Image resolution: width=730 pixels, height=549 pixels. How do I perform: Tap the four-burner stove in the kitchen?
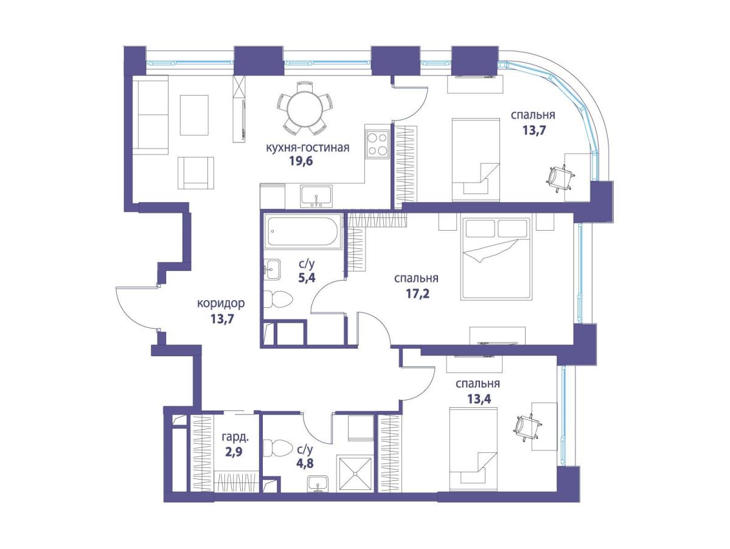click(378, 144)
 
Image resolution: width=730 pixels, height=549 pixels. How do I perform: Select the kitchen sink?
click(316, 197)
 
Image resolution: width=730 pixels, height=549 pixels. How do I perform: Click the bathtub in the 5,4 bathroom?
click(302, 231)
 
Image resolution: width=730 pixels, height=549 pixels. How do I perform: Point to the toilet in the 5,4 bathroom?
click(277, 299)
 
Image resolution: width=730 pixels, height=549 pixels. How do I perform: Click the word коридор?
click(221, 304)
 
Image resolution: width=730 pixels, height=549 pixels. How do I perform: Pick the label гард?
click(235, 437)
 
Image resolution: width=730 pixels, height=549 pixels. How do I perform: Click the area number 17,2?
click(417, 293)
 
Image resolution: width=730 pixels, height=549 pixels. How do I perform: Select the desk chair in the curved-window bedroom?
click(560, 178)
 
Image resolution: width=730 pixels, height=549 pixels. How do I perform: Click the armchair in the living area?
click(195, 173)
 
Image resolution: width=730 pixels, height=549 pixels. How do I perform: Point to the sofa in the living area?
click(150, 115)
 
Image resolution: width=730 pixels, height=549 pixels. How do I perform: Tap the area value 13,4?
click(479, 398)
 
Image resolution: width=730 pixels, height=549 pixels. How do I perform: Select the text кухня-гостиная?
click(308, 147)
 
